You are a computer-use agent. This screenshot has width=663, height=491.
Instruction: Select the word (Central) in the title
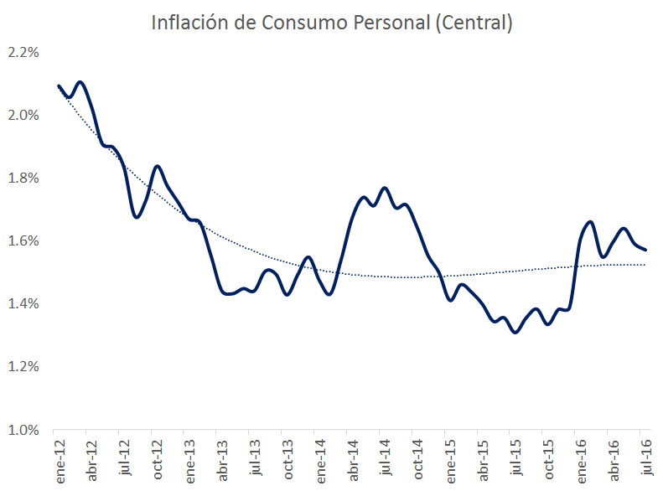point(472,23)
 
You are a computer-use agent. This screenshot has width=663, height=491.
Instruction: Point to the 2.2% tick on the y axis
point(23,52)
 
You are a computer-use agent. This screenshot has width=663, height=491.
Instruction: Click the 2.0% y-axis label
point(23,115)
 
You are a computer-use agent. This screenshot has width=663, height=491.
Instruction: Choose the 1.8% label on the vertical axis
point(23,178)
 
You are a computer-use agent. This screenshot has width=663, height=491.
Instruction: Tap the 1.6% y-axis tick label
point(23,240)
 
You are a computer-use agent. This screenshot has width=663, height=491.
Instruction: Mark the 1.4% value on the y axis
point(23,303)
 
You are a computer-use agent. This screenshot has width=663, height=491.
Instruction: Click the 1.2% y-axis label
point(23,366)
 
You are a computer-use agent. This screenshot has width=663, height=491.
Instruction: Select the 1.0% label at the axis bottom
point(23,430)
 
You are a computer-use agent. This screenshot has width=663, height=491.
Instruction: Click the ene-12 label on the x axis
point(60,460)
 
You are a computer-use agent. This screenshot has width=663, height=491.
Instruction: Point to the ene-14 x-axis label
point(319,460)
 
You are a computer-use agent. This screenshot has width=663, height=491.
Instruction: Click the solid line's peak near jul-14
point(384,188)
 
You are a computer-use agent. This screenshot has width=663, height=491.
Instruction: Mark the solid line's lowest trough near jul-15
point(515,333)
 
